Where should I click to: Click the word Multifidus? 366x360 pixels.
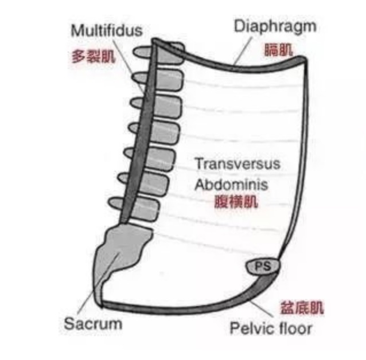[x=107, y=29]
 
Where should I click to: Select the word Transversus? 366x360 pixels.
[x=237, y=164]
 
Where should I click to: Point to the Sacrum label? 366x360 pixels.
[x=93, y=323]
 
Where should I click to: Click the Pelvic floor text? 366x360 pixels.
[x=271, y=328]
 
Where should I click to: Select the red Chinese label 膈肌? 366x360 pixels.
[x=278, y=49]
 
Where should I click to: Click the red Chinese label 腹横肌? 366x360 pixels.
[x=235, y=202]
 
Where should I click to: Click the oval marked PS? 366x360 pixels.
[x=262, y=266]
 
